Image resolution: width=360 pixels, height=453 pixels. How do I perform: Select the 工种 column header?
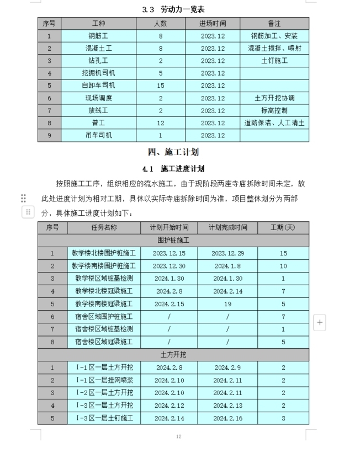click(98, 24)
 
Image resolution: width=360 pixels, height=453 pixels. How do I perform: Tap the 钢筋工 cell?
click(98, 36)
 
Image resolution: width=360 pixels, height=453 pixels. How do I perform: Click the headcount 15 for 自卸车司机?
click(161, 85)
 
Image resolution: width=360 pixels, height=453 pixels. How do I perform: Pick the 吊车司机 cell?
click(98, 135)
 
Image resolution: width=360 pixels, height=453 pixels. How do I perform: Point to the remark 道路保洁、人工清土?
click(274, 122)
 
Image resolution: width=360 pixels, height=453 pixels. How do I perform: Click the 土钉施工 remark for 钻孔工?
click(274, 61)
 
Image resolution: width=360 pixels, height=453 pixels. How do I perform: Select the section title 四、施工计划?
click(173, 152)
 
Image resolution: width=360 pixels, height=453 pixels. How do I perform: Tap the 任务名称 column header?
click(104, 227)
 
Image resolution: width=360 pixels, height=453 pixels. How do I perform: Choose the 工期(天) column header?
click(283, 227)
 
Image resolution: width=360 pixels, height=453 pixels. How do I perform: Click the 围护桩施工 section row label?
click(173, 241)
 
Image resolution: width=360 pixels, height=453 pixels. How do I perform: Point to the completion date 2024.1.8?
click(227, 265)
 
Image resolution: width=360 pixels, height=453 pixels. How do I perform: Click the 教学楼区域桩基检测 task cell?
click(104, 278)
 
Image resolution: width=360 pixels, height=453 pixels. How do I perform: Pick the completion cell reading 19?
click(227, 303)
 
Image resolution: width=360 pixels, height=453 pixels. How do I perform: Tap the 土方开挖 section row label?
click(173, 354)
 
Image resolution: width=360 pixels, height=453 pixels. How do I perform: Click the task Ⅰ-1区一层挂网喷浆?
click(104, 380)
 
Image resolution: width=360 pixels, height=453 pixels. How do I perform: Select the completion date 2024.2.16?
click(227, 418)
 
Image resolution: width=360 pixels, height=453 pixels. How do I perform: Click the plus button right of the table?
click(319, 322)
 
